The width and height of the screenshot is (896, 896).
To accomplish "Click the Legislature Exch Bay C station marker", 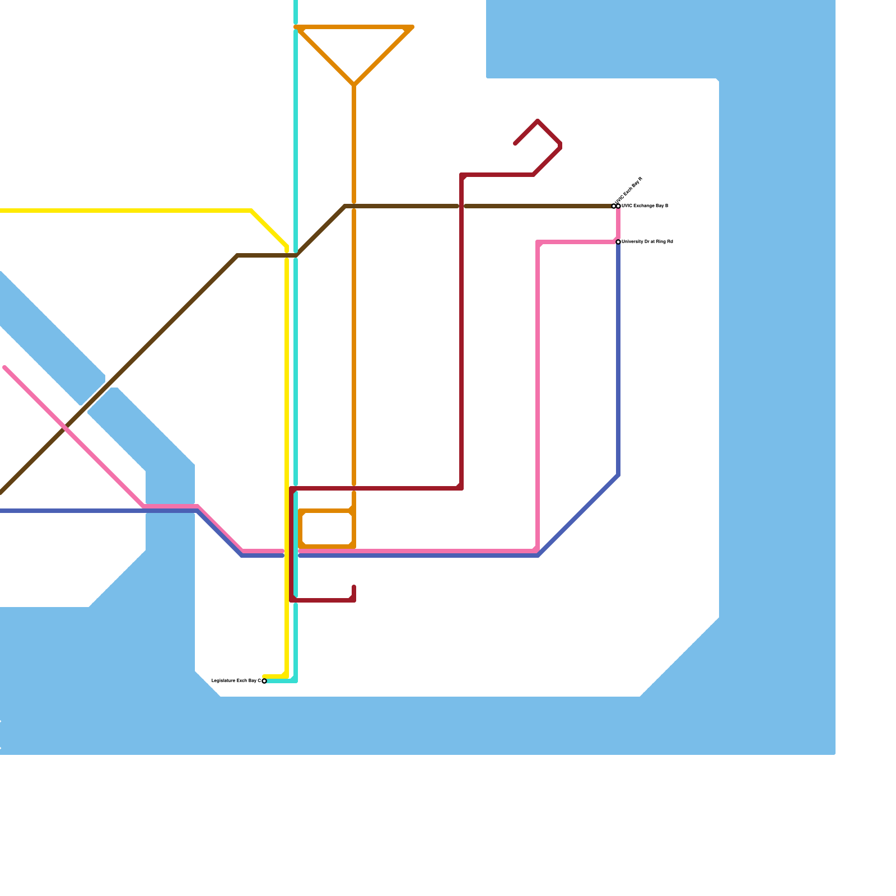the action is (264, 681).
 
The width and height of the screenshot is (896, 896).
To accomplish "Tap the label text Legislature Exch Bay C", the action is (236, 680).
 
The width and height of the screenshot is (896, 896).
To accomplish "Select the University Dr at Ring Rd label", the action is (647, 242).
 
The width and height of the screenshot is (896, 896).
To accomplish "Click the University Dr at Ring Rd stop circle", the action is (618, 242).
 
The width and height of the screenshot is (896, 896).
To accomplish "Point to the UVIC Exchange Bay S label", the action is (645, 206).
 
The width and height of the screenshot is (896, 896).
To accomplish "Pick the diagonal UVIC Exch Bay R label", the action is (629, 190).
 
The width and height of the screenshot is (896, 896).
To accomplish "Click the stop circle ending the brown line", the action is (614, 206).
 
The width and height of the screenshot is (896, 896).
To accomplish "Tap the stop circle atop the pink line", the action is (618, 206).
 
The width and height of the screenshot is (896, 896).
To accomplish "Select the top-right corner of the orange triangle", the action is (412, 27).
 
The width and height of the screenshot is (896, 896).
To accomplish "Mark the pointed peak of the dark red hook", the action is (538, 121).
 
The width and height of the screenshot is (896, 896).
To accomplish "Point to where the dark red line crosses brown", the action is (461, 206).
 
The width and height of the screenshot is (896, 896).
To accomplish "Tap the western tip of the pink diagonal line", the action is (4, 367).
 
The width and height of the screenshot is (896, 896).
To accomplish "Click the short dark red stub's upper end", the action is (354, 587).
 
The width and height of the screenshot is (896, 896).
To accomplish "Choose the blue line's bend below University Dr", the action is (618, 475).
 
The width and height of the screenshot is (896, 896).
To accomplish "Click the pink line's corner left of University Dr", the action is (538, 242).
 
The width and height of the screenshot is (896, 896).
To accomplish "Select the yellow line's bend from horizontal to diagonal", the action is (251, 211).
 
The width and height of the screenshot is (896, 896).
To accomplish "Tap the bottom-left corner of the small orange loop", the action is (301, 547).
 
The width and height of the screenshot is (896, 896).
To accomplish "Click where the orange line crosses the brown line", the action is (354, 206).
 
